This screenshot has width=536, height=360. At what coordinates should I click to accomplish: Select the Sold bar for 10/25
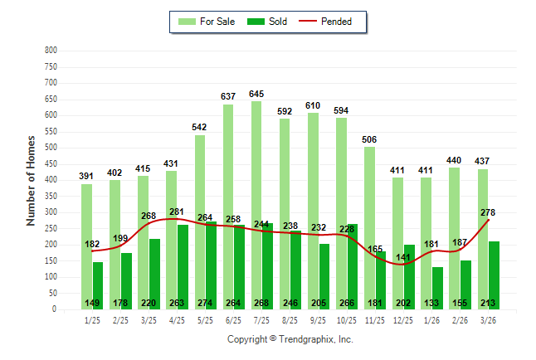pyautogui.click(x=353, y=265)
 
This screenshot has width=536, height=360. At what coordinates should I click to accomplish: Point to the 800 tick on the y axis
pyautogui.click(x=51, y=51)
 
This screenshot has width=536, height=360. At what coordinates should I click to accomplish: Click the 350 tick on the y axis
pyautogui.click(x=51, y=197)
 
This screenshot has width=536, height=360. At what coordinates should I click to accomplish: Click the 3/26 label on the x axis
pyautogui.click(x=488, y=320)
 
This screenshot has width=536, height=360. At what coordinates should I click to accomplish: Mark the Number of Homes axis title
pyautogui.click(x=32, y=180)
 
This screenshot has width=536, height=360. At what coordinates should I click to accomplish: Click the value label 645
pyautogui.click(x=257, y=94)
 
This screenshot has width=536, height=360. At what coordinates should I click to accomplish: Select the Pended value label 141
pyautogui.click(x=402, y=257)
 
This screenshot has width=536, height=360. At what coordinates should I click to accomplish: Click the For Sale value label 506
pyautogui.click(x=369, y=139)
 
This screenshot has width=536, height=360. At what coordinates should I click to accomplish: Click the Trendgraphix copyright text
pyautogui.click(x=290, y=339)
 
